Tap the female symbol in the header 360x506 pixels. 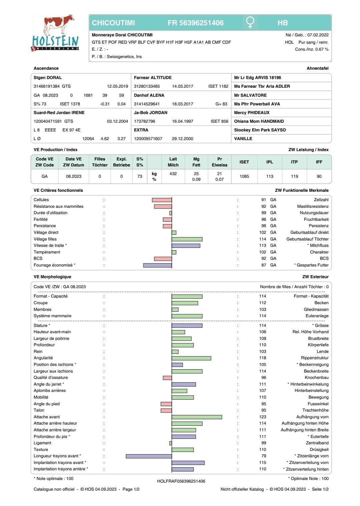250,23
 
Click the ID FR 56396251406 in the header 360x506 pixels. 196,23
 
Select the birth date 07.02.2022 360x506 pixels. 318,35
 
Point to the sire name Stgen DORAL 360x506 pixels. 48,78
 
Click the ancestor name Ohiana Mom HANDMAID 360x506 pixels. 259,121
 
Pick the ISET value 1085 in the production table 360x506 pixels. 244,176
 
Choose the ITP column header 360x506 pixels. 294,162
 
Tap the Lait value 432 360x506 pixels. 173,174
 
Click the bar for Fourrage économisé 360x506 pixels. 157,266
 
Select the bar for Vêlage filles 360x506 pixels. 187,239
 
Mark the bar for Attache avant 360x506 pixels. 197,417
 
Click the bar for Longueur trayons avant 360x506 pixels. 149,456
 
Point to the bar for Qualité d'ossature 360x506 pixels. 167,378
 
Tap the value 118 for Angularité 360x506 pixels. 263,358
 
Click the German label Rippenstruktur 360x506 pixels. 315,358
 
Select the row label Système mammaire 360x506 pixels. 52,316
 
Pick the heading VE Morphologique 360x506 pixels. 52,277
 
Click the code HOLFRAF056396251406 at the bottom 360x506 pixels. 181,481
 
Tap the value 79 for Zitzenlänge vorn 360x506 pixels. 264,456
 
